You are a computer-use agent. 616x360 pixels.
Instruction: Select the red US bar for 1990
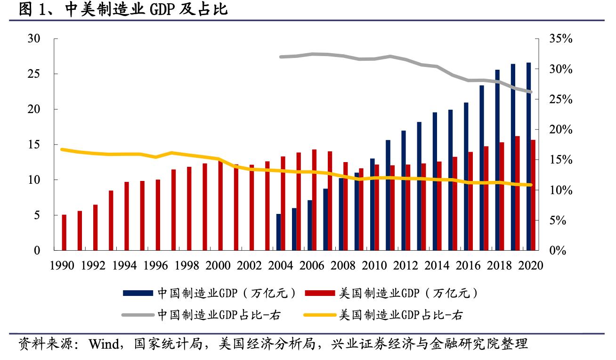click(64, 232)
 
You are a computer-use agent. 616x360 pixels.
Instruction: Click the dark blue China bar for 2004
click(278, 232)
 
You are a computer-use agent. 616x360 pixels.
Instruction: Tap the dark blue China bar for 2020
click(528, 156)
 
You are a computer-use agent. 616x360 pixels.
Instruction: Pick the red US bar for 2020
click(533, 195)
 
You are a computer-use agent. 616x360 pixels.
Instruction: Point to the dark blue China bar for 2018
click(497, 160)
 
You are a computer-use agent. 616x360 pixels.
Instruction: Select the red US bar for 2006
click(314, 199)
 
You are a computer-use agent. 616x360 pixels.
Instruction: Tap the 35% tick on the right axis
click(560, 39)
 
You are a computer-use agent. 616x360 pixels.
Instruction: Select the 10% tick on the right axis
click(560, 190)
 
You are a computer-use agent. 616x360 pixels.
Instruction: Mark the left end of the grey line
click(281, 57)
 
